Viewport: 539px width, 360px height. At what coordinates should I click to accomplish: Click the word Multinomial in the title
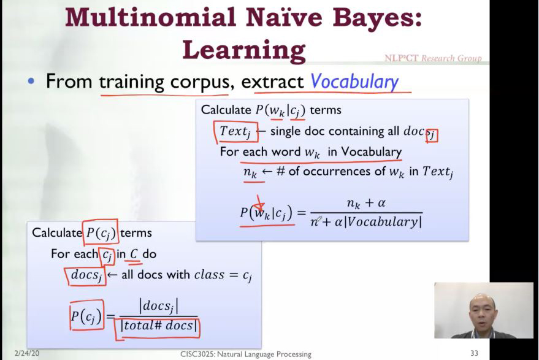click(151, 18)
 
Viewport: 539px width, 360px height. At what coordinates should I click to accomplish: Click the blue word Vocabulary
click(354, 82)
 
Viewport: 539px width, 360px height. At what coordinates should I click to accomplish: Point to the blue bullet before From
click(31, 82)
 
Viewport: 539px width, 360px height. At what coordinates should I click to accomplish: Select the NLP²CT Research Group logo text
click(433, 58)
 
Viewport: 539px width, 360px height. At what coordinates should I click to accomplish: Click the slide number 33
click(475, 353)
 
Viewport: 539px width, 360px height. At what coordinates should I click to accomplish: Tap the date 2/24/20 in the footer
click(26, 353)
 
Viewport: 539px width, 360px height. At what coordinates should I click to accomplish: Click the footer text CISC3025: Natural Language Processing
click(246, 354)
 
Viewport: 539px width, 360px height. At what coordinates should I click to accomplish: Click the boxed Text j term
click(235, 132)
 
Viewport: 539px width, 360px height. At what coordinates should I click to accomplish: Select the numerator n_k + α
click(366, 204)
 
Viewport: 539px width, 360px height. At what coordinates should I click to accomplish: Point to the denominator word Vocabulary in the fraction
click(383, 222)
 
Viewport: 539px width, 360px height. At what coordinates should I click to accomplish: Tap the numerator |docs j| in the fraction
click(158, 306)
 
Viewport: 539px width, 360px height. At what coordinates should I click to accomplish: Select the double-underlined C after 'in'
click(134, 254)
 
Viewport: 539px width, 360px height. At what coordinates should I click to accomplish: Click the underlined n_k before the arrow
click(250, 172)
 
